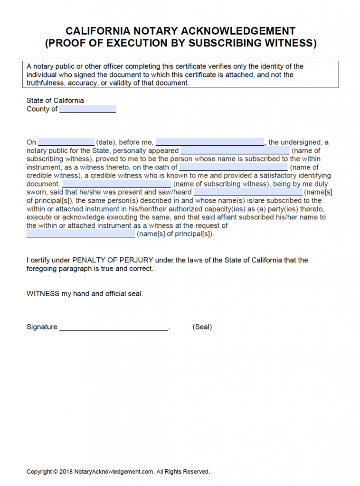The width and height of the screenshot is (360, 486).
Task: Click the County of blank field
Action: point(87,109)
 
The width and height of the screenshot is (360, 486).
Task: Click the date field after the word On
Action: point(66,142)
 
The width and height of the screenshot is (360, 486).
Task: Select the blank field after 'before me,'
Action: point(209,142)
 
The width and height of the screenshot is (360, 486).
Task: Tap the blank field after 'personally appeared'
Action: point(235,150)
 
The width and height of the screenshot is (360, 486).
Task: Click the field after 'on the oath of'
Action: point(233,167)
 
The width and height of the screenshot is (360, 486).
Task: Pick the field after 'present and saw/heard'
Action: point(247,192)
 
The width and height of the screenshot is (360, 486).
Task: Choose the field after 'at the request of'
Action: point(81,234)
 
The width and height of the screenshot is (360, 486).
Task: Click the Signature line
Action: point(114,327)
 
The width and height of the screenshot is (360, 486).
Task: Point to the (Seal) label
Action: point(202,327)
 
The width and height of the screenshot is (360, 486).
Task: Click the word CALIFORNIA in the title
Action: point(97,31)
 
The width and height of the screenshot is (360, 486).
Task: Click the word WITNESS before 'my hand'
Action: point(43,294)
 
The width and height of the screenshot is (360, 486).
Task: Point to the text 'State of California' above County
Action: point(55,101)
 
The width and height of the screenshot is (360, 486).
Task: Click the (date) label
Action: point(106,142)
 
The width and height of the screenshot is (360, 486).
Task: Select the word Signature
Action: point(42,327)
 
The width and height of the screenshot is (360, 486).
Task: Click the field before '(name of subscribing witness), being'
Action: point(116,184)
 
